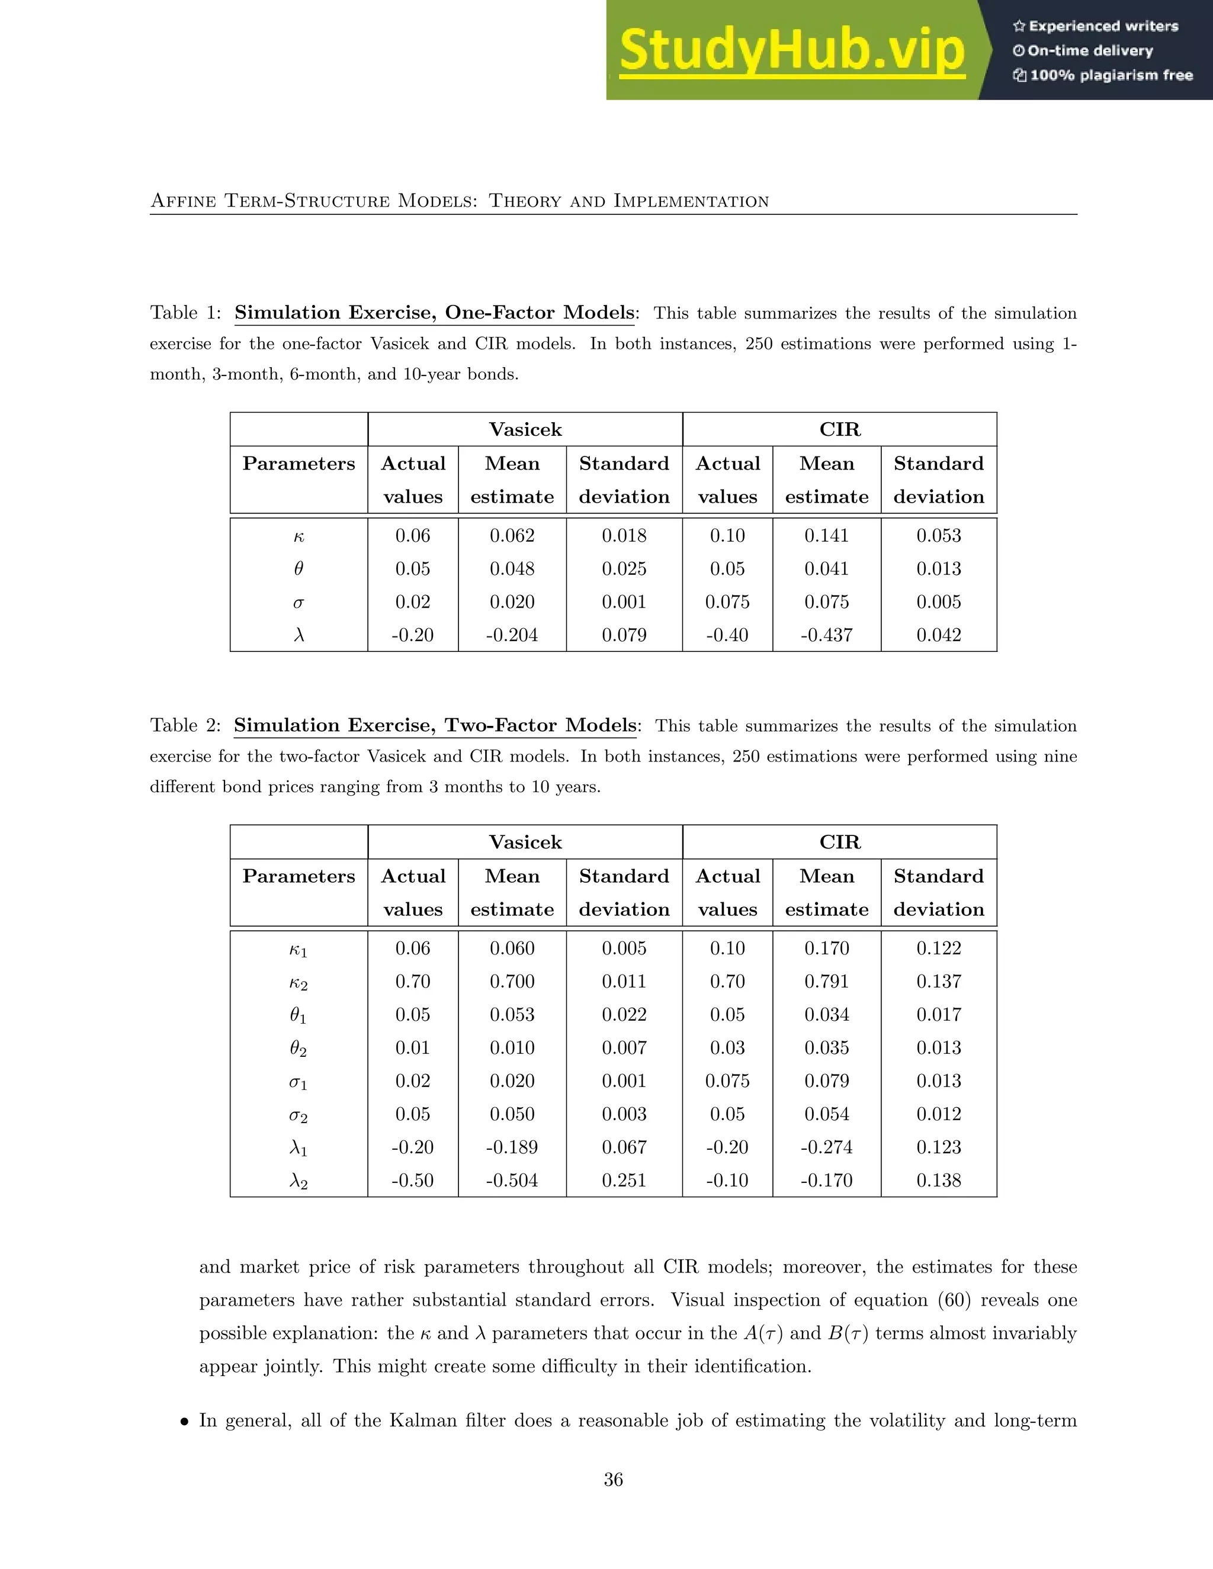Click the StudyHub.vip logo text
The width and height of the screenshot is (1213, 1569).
coord(792,50)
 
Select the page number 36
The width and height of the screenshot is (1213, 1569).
coord(613,1479)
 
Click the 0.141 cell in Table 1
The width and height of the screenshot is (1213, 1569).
coord(826,536)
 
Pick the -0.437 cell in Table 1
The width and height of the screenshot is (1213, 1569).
coord(826,635)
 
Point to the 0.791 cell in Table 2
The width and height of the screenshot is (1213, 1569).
coord(826,981)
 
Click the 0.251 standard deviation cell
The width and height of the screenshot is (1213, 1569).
coord(624,1181)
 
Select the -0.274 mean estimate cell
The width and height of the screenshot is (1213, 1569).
coord(826,1147)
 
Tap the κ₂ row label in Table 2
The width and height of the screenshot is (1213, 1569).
coord(299,983)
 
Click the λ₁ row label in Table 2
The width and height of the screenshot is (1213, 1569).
coord(299,1148)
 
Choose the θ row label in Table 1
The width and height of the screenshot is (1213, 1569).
coord(299,569)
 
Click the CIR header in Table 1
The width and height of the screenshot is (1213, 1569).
coord(839,430)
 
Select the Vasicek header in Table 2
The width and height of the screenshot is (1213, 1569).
coord(525,842)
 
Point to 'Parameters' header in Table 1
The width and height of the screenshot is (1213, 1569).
coord(299,464)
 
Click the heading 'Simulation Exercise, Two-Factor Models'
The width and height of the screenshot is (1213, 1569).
coord(435,726)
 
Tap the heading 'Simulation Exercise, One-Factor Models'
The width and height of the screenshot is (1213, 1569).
coord(435,313)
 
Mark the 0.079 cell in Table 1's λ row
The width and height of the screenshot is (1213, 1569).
coord(624,635)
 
